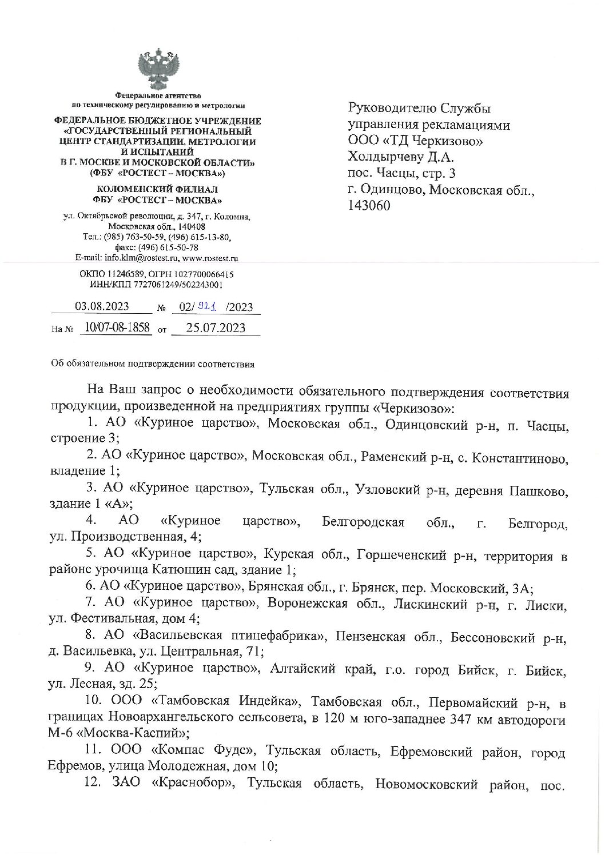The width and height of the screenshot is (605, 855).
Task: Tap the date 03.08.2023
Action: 102,306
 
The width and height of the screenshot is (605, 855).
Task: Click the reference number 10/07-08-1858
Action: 117,327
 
